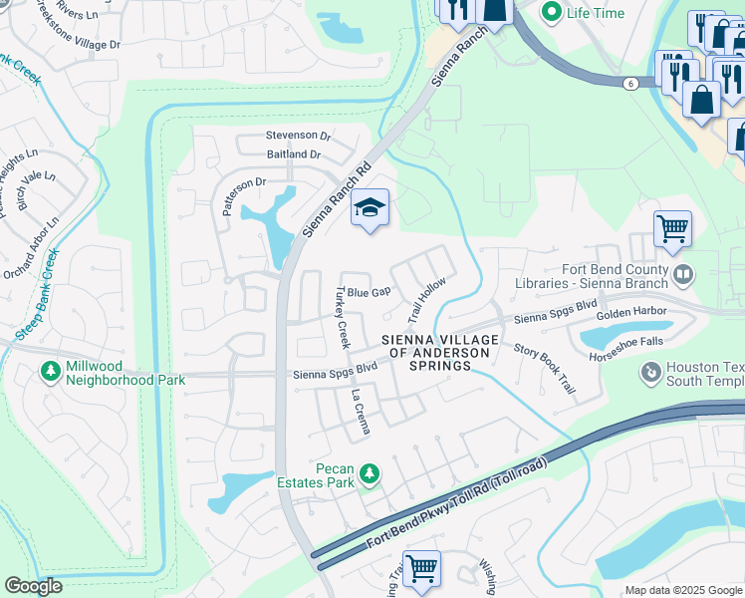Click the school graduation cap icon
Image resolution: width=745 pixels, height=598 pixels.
370,208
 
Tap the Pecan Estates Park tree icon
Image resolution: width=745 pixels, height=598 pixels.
371,471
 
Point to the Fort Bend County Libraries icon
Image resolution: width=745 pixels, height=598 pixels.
683,272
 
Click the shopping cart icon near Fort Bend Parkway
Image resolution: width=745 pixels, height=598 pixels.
421,568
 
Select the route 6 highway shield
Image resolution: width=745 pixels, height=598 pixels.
630,83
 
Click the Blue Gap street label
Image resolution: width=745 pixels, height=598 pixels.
368,293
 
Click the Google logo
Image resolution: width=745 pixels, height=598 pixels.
34,586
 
